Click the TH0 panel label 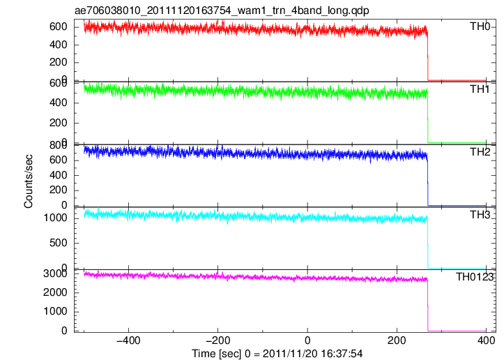click(480, 27)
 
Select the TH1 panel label click(480, 89)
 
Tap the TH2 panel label click(480, 152)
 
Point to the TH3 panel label click(480, 215)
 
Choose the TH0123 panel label click(475, 277)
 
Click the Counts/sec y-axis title click(29, 181)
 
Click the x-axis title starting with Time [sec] click(277, 354)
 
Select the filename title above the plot click(222, 10)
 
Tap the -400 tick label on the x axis click(128, 340)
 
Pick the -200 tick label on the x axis click(217, 340)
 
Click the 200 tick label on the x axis click(397, 340)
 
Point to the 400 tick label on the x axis click(486, 340)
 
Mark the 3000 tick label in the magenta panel click(55, 273)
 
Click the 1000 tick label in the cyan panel click(55, 218)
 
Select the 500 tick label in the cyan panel click(58, 243)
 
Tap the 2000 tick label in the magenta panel click(55, 292)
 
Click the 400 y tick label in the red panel click(58, 45)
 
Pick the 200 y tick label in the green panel click(58, 123)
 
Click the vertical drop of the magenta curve click(428, 306)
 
